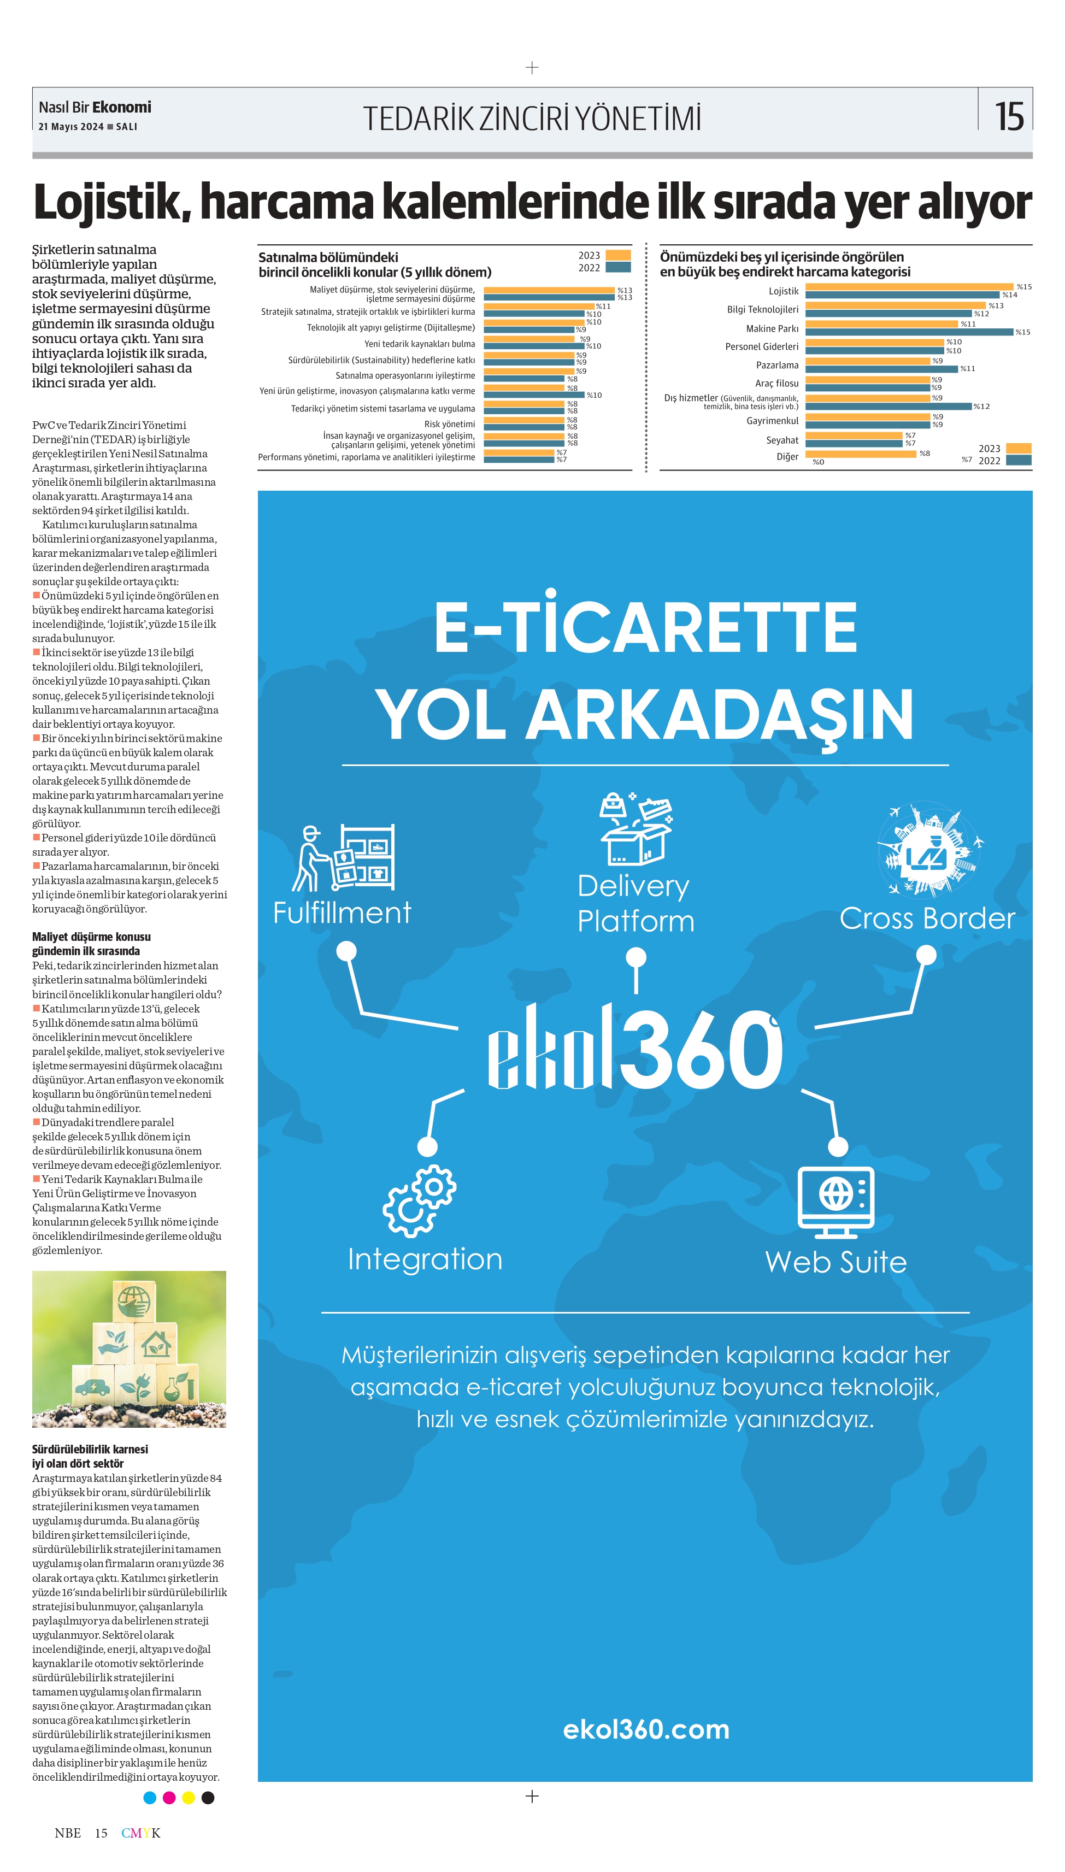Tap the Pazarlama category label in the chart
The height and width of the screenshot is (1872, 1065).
pos(777,365)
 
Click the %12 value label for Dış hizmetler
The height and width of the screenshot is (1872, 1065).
pos(981,407)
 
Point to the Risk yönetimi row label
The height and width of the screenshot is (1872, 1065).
pos(449,424)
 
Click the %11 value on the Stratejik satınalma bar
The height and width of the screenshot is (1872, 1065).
pos(603,307)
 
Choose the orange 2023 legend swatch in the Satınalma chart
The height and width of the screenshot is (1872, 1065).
pos(618,255)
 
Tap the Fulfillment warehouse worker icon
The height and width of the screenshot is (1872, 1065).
pos(343,857)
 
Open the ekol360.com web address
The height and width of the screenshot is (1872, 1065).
pos(646,1729)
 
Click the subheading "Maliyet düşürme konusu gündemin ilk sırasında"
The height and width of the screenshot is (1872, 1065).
pos(91,943)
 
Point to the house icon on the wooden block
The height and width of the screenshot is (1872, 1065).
pos(156,1344)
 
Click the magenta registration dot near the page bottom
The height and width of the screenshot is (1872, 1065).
pos(169,1797)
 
